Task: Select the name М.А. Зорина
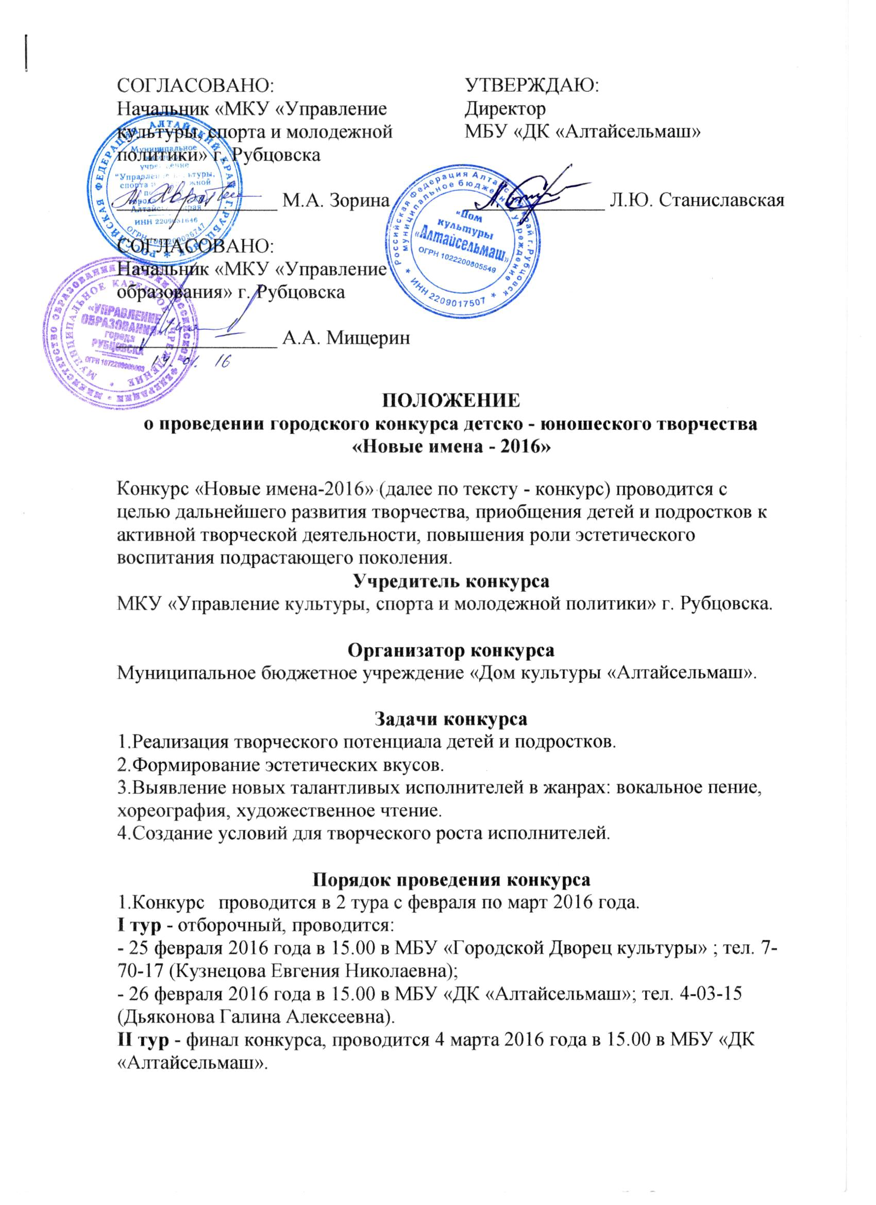(x=336, y=201)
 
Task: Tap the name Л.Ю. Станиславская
(x=698, y=200)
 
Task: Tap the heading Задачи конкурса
(x=451, y=719)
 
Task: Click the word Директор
(x=504, y=108)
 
